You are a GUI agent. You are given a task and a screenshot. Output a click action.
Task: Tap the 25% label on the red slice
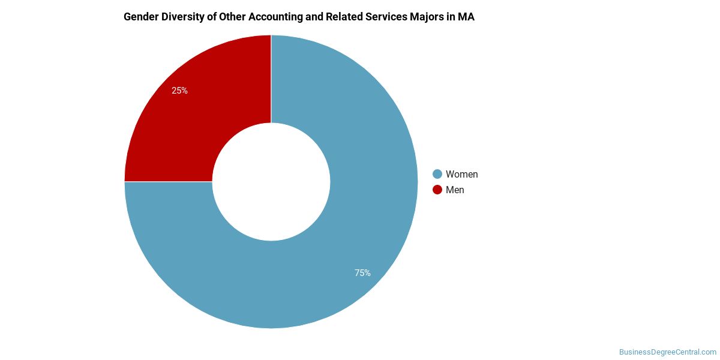179,91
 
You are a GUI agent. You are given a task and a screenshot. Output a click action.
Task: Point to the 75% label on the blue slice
362,273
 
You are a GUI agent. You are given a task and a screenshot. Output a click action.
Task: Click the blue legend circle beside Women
437,174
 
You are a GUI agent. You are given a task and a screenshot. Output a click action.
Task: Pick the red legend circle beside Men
437,190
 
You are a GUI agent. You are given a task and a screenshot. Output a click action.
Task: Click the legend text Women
461,174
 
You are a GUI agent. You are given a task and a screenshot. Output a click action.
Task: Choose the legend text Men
455,190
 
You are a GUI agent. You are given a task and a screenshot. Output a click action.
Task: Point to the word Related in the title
342,17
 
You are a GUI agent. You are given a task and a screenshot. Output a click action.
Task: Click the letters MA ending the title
466,17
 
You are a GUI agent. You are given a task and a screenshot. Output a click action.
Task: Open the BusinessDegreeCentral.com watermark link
667,352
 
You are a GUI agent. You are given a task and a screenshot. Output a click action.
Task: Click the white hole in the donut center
271,182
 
